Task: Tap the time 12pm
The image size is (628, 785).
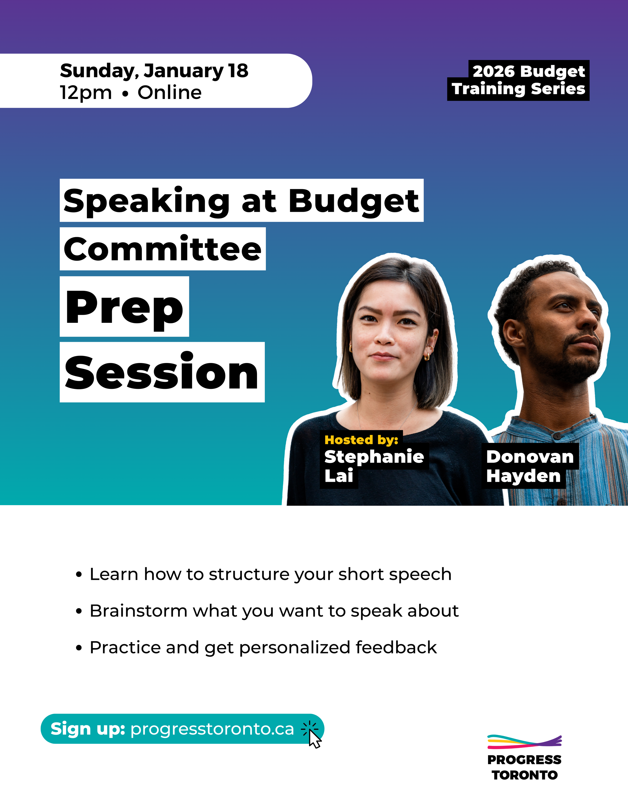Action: [86, 93]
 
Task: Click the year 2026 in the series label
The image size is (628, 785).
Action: [493, 71]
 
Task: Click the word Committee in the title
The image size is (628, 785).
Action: [162, 250]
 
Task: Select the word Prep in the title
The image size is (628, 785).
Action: [124, 308]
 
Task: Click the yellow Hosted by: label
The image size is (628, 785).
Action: [361, 440]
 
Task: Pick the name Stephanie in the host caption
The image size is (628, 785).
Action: [374, 457]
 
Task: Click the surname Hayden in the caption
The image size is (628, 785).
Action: [523, 476]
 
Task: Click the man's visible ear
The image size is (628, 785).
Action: [513, 333]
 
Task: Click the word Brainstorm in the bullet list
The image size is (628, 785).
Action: [138, 611]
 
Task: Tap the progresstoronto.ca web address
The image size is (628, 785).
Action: [212, 729]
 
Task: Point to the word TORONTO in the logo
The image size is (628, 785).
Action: [524, 775]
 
